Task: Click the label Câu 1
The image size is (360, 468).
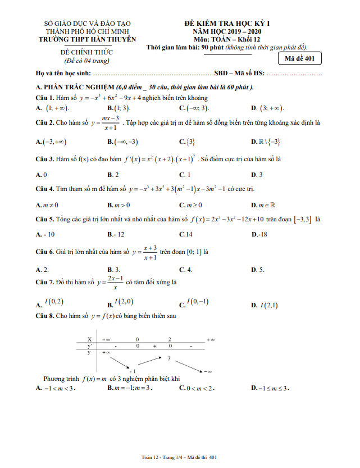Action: pos(44,97)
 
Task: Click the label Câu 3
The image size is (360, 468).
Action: pos(44,159)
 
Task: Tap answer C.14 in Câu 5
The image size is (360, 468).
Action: pos(186,234)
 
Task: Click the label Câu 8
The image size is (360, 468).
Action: pos(44,316)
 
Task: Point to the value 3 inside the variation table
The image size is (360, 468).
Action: pos(168,358)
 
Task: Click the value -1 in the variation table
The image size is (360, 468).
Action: pos(133,371)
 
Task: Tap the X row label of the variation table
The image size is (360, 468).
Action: pos(89,339)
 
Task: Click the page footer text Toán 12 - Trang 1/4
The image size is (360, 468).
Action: pos(162,458)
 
